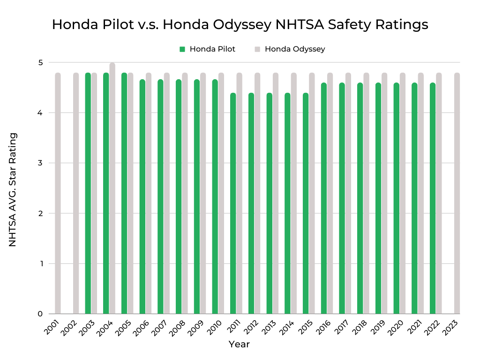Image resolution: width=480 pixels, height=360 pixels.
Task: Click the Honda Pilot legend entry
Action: click(207, 49)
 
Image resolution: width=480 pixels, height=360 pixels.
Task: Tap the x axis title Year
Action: click(239, 344)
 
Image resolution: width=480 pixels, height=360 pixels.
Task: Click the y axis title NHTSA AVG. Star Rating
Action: click(13, 189)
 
